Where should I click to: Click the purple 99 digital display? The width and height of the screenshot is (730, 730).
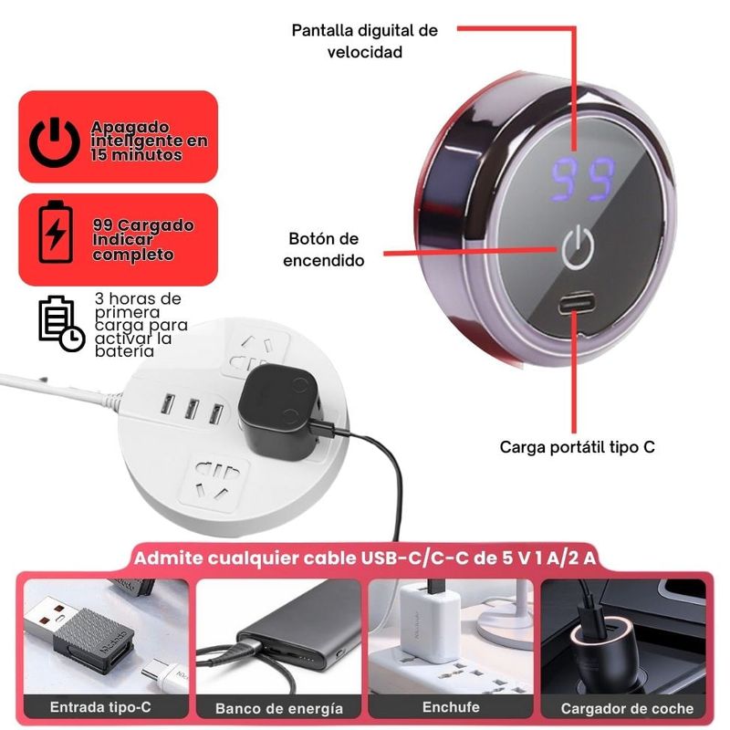click(583, 179)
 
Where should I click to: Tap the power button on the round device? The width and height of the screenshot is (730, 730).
click(578, 246)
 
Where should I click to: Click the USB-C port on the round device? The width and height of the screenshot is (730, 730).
click(578, 303)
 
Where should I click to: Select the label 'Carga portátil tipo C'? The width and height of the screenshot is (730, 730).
click(578, 447)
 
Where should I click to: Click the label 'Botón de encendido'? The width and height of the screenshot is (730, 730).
click(324, 249)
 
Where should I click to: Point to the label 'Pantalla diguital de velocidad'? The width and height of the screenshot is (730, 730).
click(364, 41)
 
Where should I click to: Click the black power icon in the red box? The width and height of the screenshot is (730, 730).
click(55, 142)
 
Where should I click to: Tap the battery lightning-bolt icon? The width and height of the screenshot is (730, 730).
click(56, 232)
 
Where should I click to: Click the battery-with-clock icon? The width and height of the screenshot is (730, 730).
click(61, 323)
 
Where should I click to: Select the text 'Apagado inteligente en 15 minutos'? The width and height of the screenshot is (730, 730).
click(149, 141)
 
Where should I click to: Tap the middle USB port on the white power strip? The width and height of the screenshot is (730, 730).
click(192, 408)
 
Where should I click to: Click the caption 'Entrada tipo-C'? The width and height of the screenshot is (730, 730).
click(100, 707)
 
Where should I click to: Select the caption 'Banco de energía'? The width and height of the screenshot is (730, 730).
click(279, 708)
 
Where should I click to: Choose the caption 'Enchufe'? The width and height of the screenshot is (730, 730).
click(451, 707)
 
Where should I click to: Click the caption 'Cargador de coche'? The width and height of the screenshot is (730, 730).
click(627, 708)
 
